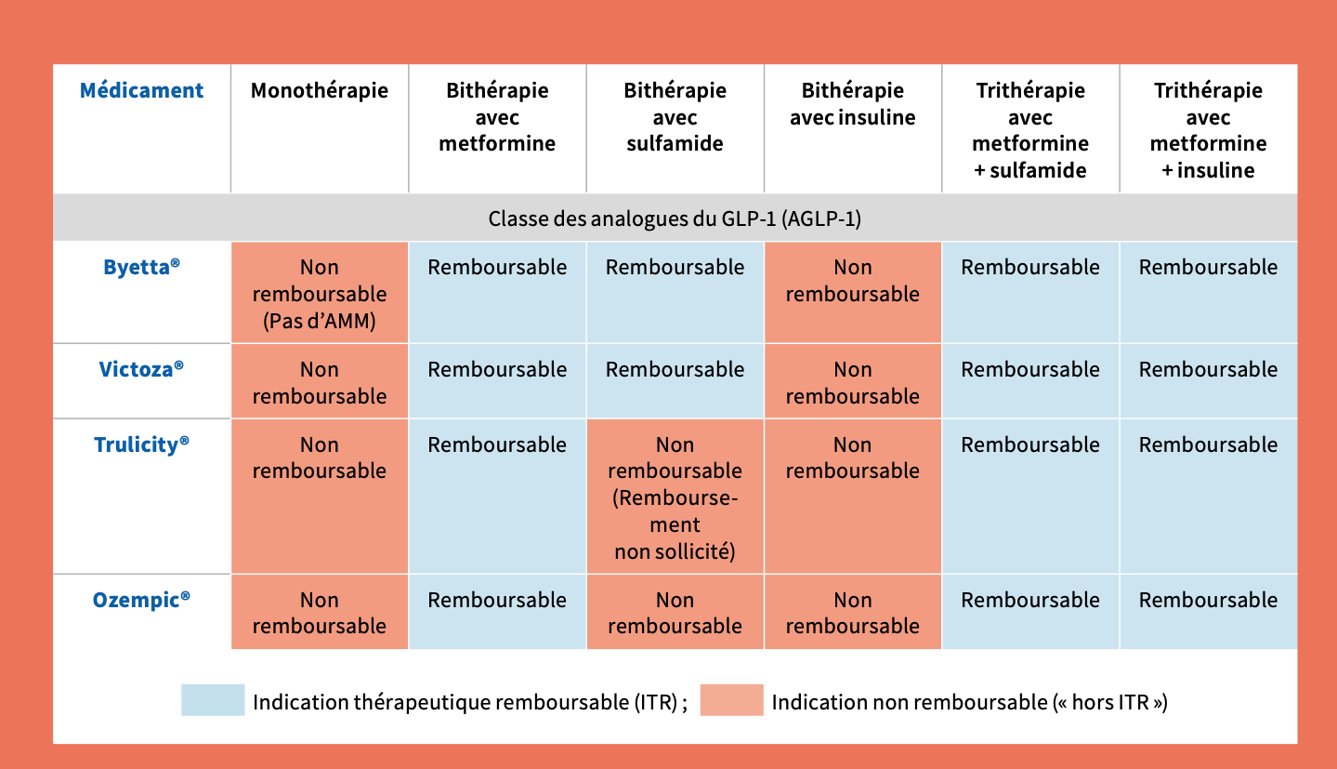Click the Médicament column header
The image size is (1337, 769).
tap(141, 91)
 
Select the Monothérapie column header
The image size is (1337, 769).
tap(320, 91)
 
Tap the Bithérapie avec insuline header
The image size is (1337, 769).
tap(852, 104)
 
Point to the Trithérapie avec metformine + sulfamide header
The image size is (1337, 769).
tap(1030, 130)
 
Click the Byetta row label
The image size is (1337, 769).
tap(141, 267)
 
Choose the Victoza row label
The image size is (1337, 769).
tap(141, 368)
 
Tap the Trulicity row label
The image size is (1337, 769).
tap(141, 444)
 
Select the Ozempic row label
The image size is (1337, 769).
tap(141, 600)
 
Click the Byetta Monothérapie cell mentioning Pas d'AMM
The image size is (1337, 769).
tap(320, 293)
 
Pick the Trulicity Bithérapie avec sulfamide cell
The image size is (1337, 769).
tap(675, 497)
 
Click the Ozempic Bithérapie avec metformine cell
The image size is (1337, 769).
tap(497, 612)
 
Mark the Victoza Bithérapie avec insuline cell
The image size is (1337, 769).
tap(852, 381)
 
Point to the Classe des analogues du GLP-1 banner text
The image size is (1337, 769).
tap(675, 219)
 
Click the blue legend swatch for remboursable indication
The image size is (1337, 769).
tap(213, 699)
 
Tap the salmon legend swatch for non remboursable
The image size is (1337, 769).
tap(732, 699)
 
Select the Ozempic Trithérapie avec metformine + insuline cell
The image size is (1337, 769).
tap(1209, 612)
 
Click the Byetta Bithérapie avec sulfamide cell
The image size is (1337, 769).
tap(675, 293)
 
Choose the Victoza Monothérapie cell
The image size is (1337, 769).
tap(320, 381)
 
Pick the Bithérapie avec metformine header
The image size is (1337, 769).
tap(497, 117)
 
